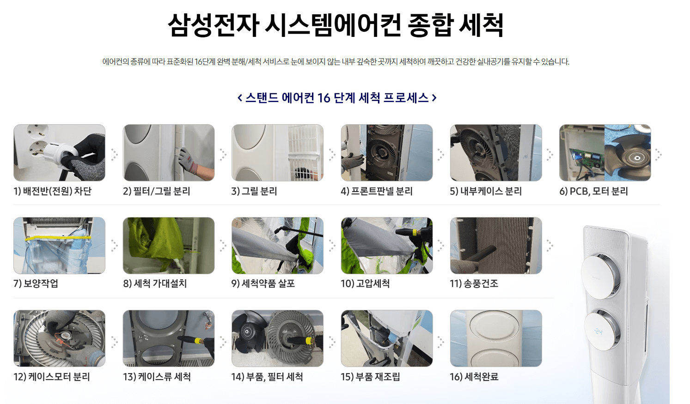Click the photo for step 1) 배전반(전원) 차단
(x=59, y=153)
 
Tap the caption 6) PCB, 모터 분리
(x=593, y=191)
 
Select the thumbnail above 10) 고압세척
(x=387, y=246)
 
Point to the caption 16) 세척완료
(x=474, y=377)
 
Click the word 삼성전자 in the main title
(x=213, y=25)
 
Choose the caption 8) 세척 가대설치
(x=155, y=283)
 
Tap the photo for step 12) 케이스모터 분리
(x=59, y=338)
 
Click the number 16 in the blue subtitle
(x=324, y=98)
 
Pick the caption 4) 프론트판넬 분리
(x=377, y=191)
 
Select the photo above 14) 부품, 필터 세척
(x=277, y=338)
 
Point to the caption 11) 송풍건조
(x=474, y=283)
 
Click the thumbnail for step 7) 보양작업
(x=59, y=246)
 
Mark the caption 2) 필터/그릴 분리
(x=157, y=191)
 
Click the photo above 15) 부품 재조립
(x=387, y=338)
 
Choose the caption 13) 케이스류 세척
(x=157, y=377)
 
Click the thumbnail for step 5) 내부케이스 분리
(x=496, y=153)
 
